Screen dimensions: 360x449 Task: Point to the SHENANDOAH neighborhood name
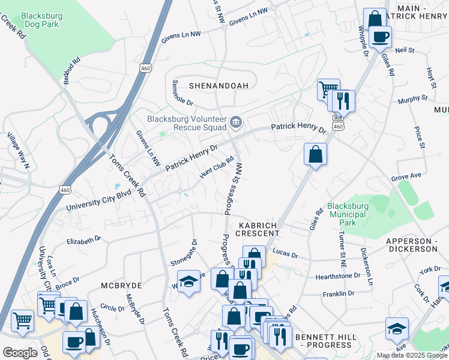[x=218, y=86]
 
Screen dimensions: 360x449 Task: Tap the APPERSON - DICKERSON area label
[x=411, y=244]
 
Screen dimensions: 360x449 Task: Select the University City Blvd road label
[x=98, y=202]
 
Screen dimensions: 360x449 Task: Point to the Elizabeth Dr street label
[x=84, y=241]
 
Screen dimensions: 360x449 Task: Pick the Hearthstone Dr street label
[x=337, y=277]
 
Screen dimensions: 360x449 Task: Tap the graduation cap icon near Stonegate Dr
[x=188, y=282]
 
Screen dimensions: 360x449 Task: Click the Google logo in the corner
[x=20, y=353]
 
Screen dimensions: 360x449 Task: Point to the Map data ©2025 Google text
[x=412, y=355]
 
